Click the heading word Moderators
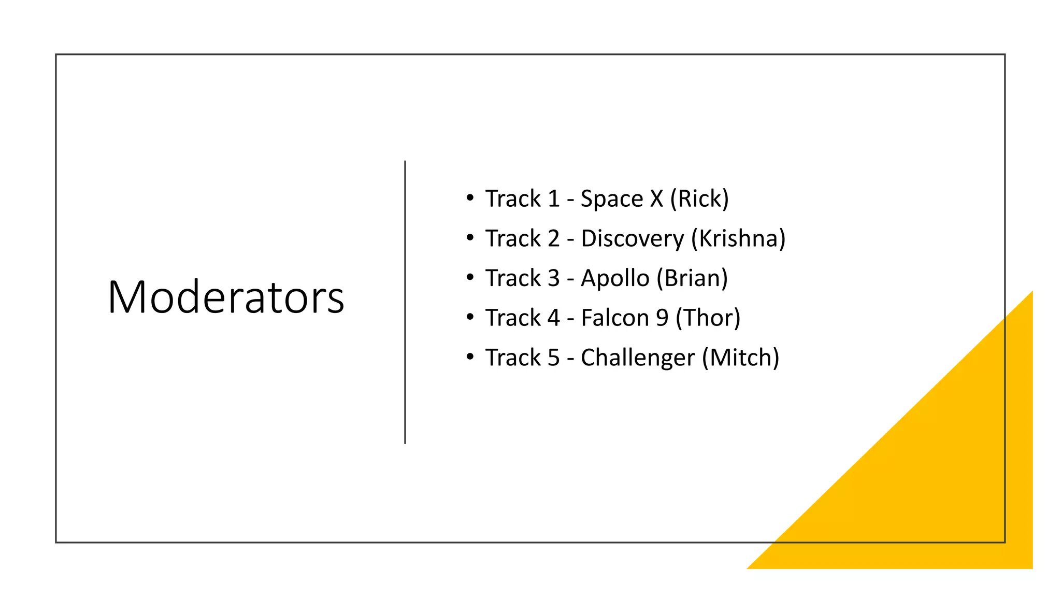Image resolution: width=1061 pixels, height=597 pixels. tap(225, 297)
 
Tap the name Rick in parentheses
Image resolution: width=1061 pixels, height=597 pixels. tap(699, 198)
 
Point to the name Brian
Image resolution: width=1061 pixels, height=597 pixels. tap(692, 278)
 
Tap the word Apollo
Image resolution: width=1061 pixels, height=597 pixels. tap(614, 279)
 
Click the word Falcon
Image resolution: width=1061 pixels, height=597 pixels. tap(614, 318)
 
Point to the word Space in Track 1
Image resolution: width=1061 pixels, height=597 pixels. tap(611, 199)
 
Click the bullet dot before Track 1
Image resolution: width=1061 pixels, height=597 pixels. tap(470, 197)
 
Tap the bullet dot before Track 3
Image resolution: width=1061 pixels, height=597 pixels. tap(470, 277)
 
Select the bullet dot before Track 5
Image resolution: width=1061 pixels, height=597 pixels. tap(470, 357)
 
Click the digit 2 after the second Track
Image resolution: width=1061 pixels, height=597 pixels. tap(553, 238)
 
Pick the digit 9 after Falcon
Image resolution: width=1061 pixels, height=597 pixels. tap(662, 318)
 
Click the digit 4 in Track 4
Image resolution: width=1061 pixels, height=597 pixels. tap(553, 318)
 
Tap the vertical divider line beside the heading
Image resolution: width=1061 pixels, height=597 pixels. tap(405, 302)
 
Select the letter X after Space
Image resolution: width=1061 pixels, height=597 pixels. tap(656, 198)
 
